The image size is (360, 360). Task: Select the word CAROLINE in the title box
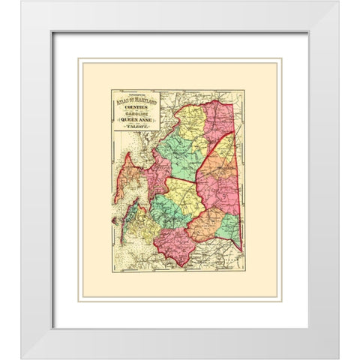pos(136,119)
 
